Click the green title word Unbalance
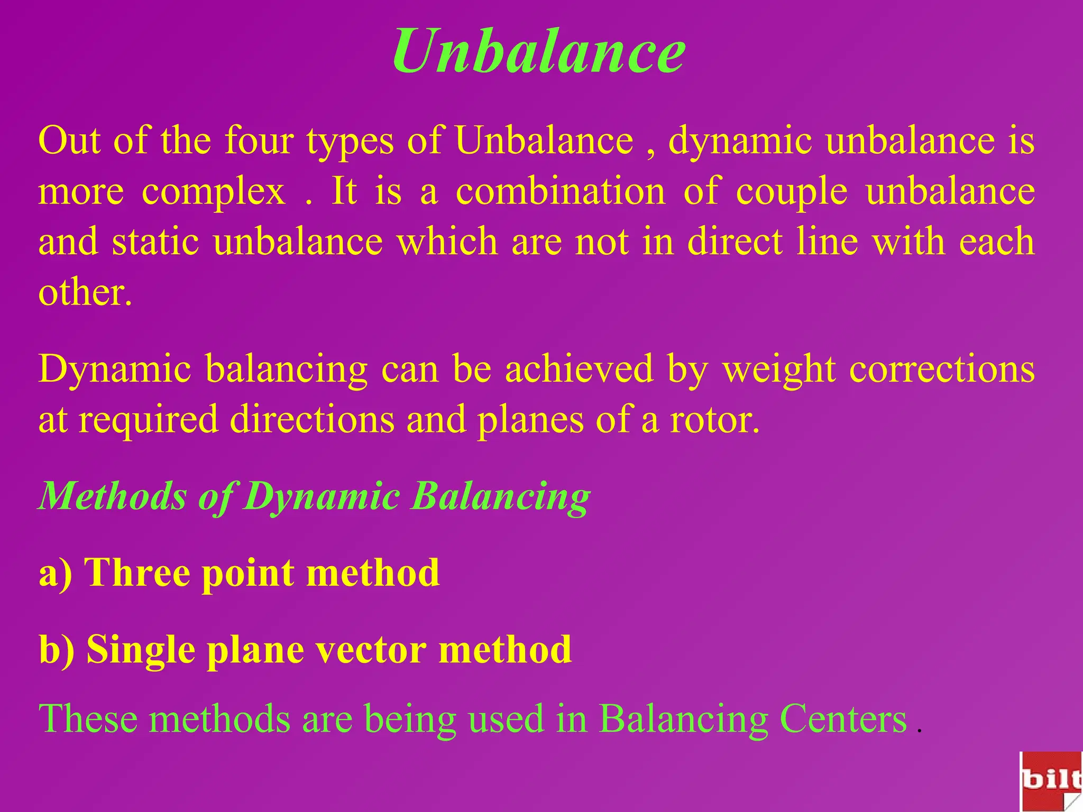pos(538,52)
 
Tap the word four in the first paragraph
pos(259,141)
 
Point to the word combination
pos(560,191)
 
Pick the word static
pos(155,242)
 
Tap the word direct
pos(735,242)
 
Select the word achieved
pos(579,369)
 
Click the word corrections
pos(942,369)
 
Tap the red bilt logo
pos(1051,781)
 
